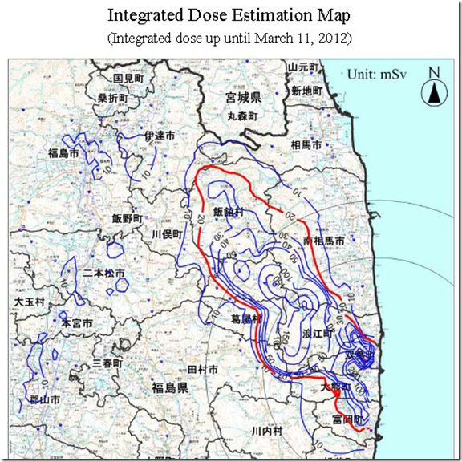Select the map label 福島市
[39, 153]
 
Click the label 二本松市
[104, 274]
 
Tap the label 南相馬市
[326, 241]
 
